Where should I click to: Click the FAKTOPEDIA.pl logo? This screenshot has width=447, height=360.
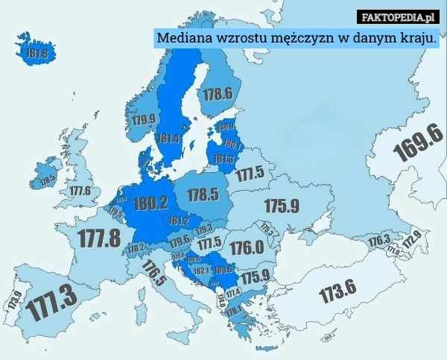(399, 16)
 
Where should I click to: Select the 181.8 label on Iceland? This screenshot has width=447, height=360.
(37, 54)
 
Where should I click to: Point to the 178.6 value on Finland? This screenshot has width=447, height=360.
(218, 94)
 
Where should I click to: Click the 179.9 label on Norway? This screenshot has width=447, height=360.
(144, 119)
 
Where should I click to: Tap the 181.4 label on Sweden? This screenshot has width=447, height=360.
(168, 139)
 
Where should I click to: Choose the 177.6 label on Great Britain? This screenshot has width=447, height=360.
(80, 191)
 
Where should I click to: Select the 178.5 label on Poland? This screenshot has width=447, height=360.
(202, 195)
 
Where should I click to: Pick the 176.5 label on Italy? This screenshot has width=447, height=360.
(153, 274)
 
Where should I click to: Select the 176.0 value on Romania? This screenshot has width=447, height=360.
(246, 247)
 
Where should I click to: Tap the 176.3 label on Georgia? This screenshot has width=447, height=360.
(379, 239)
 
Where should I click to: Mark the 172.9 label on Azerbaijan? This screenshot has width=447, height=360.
(411, 240)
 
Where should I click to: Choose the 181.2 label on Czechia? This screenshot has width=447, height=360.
(178, 221)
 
